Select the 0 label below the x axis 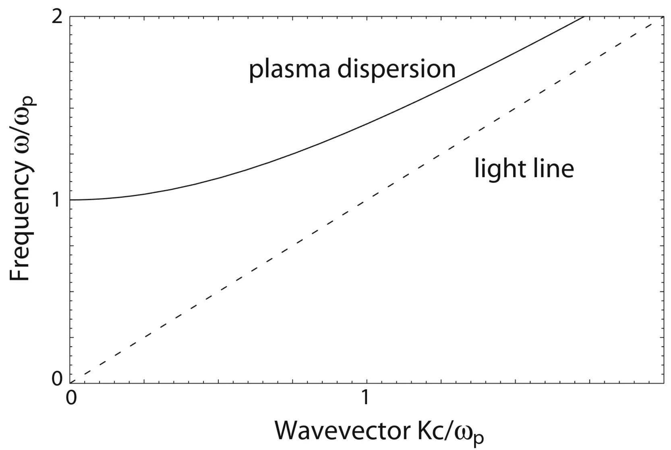(71, 398)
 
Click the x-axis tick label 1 (366, 398)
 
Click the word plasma (290, 70)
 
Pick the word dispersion (396, 70)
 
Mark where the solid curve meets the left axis (71, 200)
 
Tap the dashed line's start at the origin (72, 382)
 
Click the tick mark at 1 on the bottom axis (366, 380)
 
